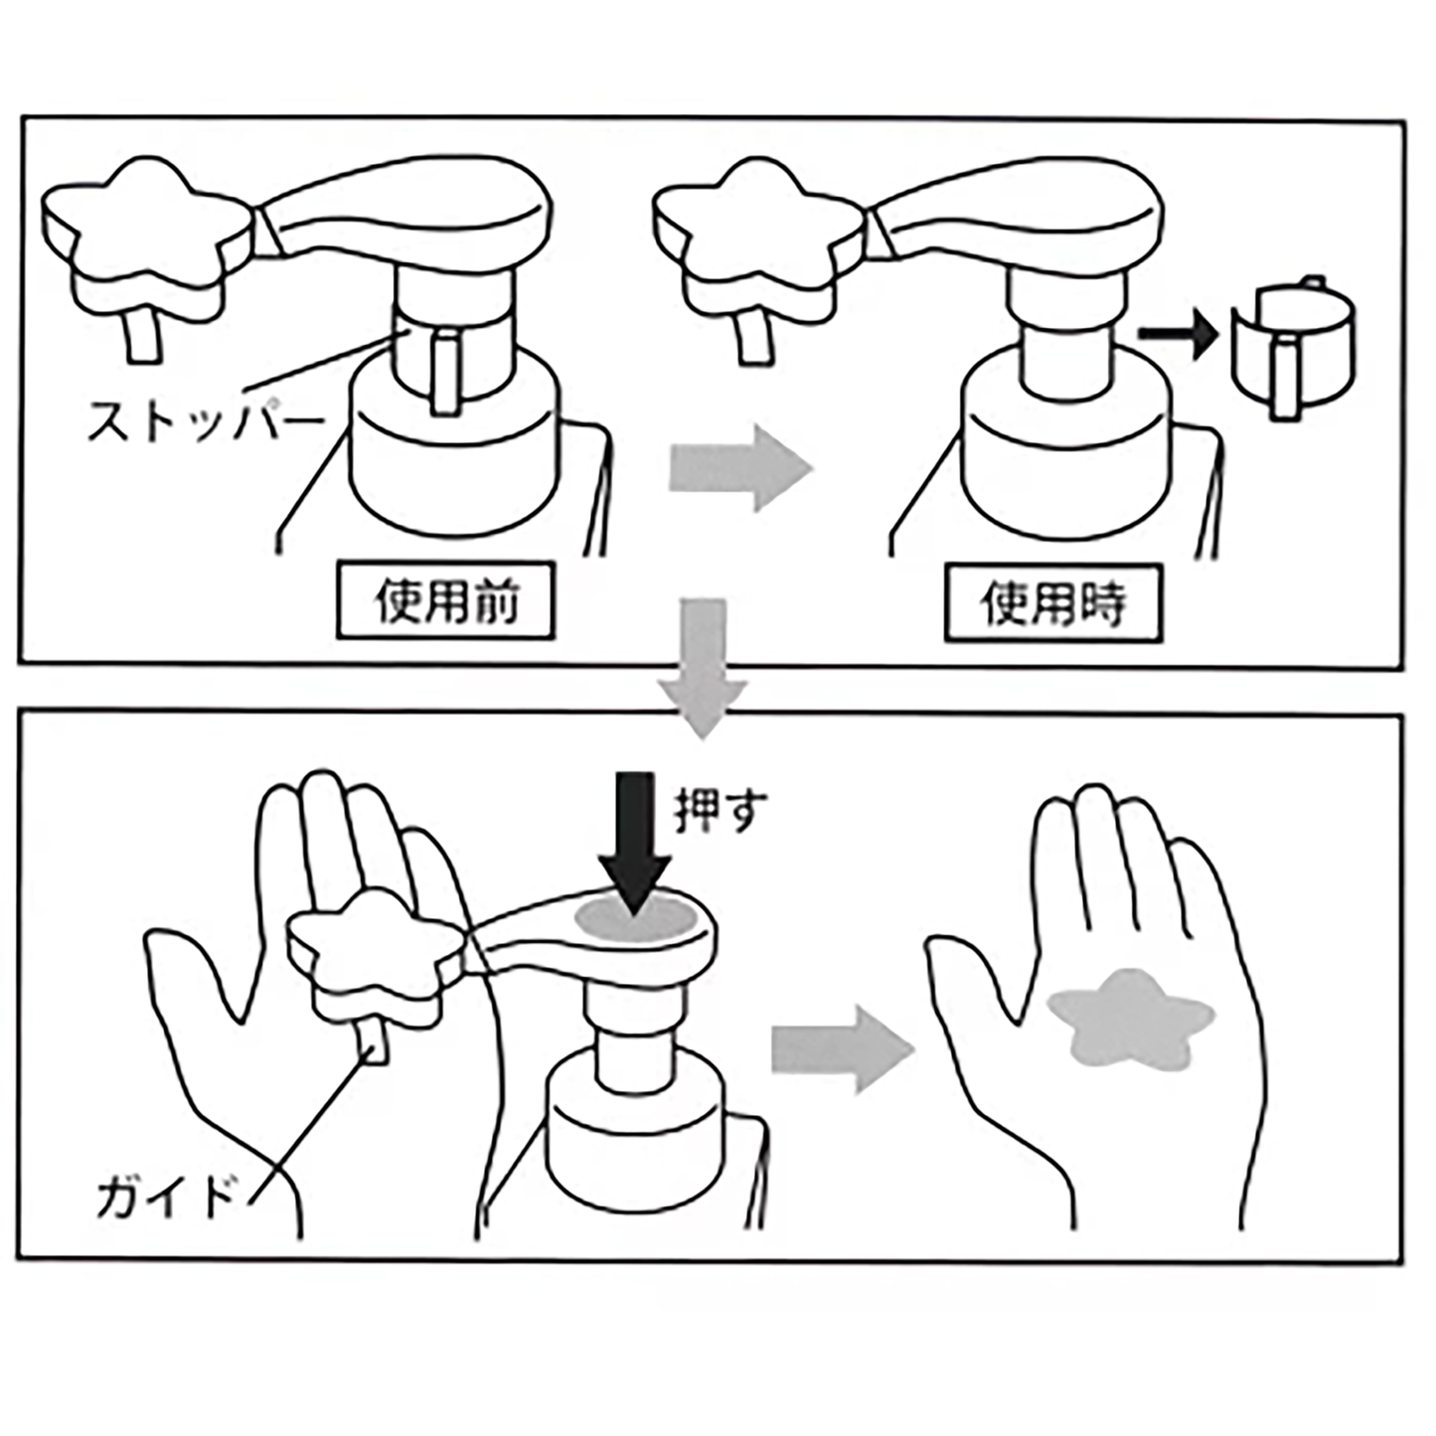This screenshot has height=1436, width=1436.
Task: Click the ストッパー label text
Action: (x=205, y=421)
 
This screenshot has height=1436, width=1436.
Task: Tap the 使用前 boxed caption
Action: (x=445, y=601)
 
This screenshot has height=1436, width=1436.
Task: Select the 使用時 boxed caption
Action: (x=1052, y=602)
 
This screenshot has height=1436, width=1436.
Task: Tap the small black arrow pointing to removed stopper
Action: (x=1177, y=337)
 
